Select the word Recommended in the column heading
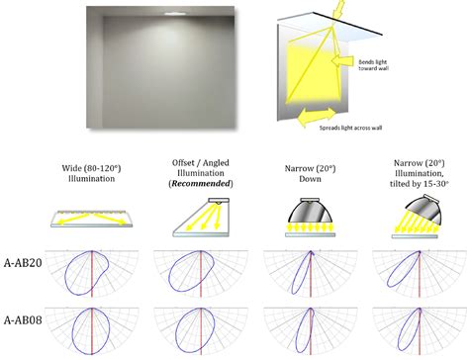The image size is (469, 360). [202, 183]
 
